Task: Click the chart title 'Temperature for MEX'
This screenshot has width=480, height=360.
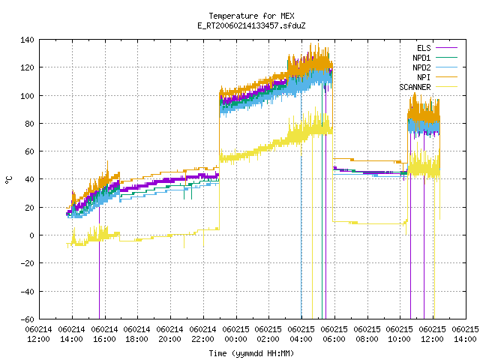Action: click(251, 16)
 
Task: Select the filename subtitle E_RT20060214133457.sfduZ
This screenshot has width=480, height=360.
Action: click(251, 25)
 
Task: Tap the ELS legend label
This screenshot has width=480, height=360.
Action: click(424, 48)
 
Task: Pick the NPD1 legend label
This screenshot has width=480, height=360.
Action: click(421, 58)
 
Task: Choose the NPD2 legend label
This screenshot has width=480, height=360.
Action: click(421, 67)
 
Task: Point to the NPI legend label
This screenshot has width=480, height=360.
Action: click(424, 77)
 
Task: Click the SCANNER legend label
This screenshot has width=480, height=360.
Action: click(415, 87)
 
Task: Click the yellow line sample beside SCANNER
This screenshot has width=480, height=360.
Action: click(447, 87)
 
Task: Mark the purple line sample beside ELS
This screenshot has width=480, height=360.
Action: click(447, 48)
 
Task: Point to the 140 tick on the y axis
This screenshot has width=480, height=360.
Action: click(27, 40)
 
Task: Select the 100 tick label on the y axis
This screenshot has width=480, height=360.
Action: click(27, 96)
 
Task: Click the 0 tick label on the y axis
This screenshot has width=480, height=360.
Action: click(31, 235)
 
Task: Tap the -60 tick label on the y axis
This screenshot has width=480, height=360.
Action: click(27, 319)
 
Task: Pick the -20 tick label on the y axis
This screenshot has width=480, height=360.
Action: click(27, 263)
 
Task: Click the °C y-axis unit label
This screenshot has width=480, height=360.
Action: click(8, 180)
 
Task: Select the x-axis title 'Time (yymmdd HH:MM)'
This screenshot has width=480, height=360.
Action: click(251, 353)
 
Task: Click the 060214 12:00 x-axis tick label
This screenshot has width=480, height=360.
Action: click(38, 334)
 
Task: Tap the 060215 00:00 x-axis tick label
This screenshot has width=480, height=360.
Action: click(235, 334)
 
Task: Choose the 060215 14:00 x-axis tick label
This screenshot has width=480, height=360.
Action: click(465, 334)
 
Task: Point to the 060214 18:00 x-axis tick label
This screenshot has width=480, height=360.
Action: click(136, 334)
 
